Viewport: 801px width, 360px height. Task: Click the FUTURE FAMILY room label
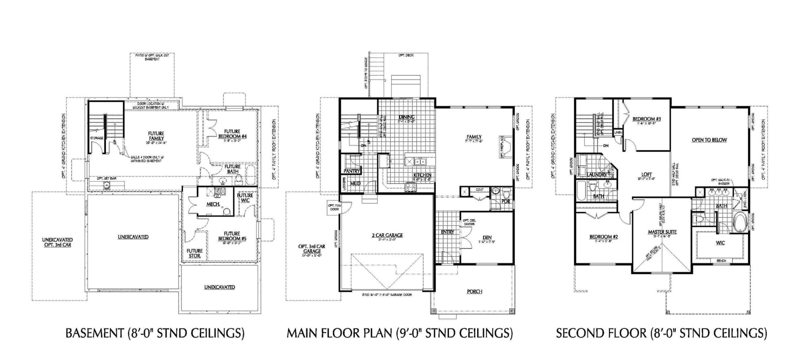click(156, 136)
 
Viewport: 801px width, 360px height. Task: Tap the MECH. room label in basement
click(213, 204)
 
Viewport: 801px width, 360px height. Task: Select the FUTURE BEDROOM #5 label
click(232, 236)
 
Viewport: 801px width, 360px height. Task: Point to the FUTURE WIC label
click(245, 198)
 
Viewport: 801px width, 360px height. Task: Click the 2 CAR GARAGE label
click(387, 235)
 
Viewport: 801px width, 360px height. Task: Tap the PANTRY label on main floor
click(352, 171)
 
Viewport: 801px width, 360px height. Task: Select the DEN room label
click(487, 238)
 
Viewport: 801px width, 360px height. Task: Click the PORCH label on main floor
click(474, 292)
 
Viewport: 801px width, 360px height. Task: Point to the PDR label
click(506, 202)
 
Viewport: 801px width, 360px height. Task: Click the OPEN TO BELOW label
click(709, 140)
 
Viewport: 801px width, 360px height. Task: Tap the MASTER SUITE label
click(662, 232)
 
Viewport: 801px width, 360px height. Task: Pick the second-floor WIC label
click(720, 243)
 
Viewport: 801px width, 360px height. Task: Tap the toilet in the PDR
click(506, 193)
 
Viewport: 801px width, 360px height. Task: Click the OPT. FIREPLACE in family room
click(506, 147)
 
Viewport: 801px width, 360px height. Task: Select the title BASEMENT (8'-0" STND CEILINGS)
click(155, 333)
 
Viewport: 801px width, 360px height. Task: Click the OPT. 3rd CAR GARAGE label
click(312, 248)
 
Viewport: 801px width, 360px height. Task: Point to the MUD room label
click(355, 184)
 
